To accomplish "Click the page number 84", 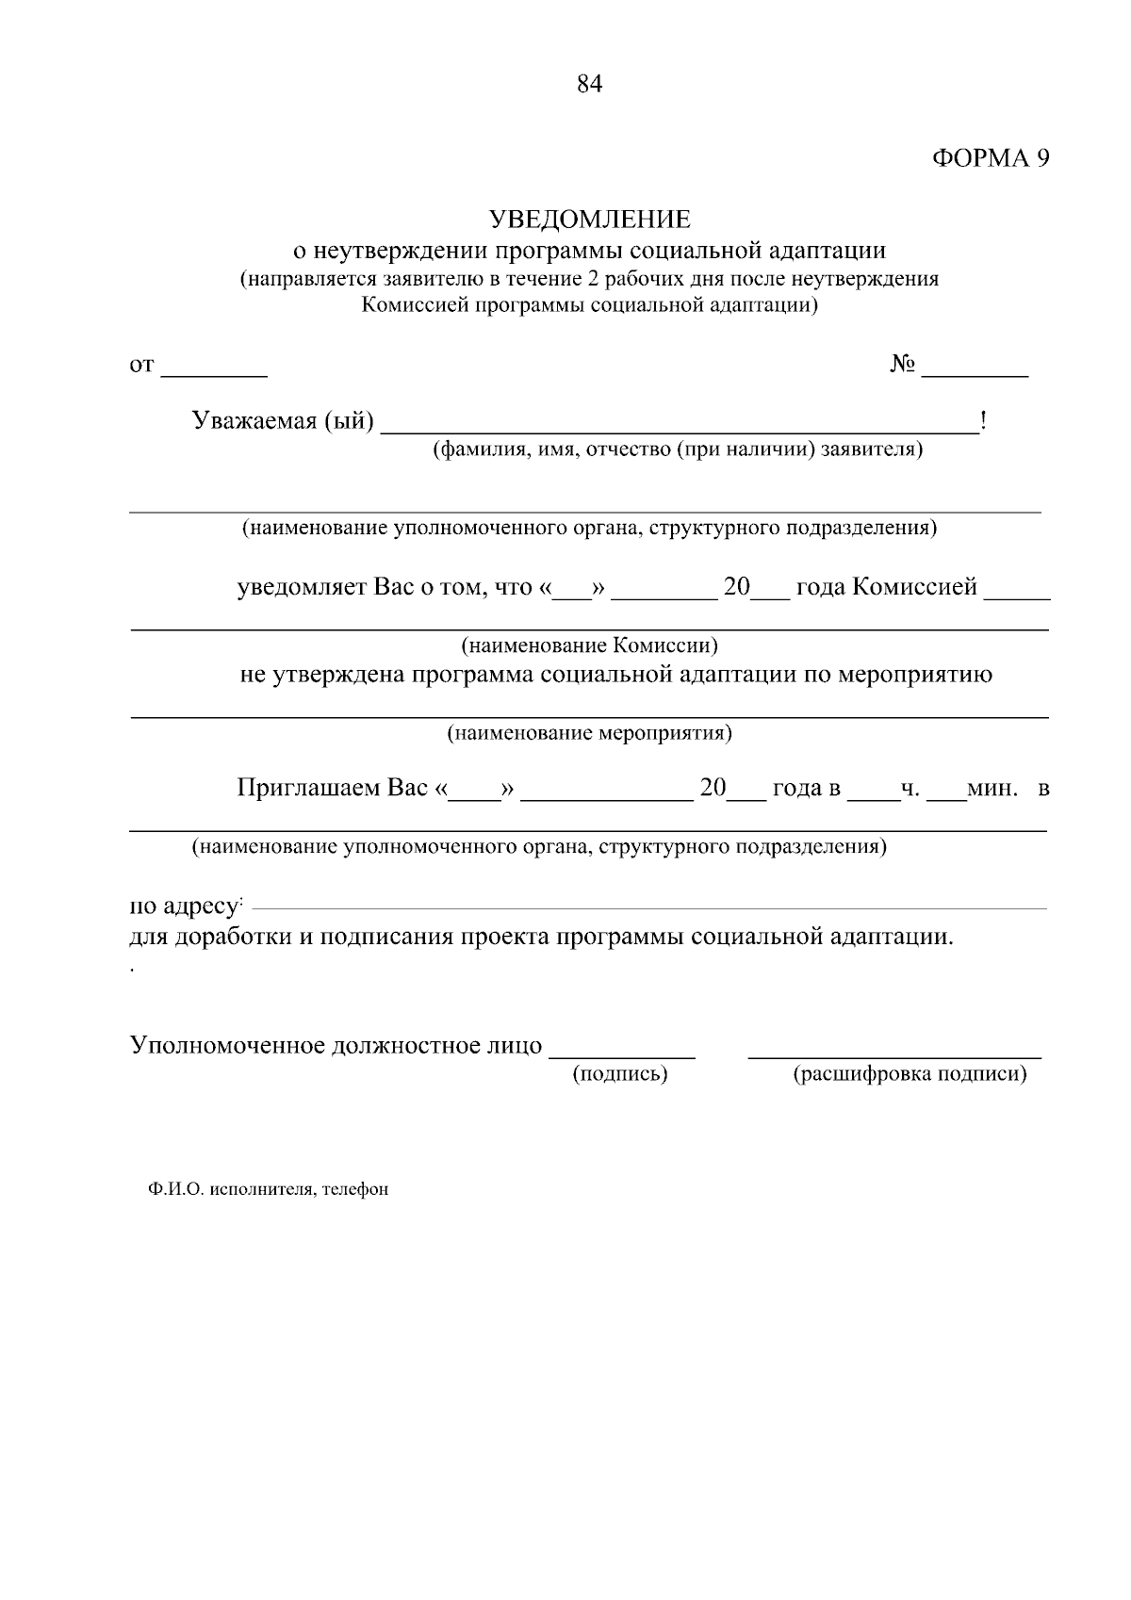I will [x=589, y=85].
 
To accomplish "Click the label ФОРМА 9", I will [x=991, y=158].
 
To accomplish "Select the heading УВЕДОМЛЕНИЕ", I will [x=589, y=220].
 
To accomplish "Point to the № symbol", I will [x=902, y=364].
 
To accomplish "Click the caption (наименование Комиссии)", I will [x=589, y=645].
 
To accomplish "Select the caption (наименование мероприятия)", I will [x=589, y=732].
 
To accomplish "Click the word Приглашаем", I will [x=308, y=787].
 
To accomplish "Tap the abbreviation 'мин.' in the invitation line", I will [x=992, y=788].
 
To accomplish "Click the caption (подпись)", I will [x=620, y=1073].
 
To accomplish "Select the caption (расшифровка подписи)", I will [x=910, y=1073].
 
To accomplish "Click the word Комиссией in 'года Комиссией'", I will [x=914, y=587].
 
